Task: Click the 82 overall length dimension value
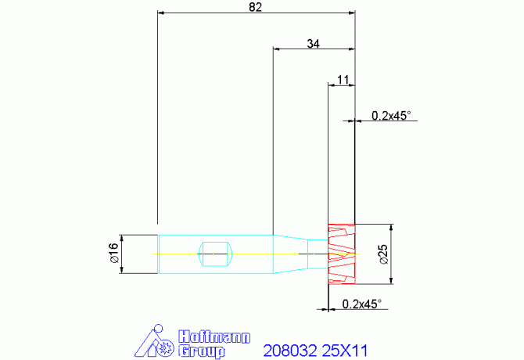tap(255, 7)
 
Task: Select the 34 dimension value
tap(313, 44)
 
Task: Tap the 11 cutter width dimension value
tap(343, 80)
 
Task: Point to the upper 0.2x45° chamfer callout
tap(391, 116)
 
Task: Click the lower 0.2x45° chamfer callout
tap(361, 304)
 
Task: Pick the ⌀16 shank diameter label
tap(114, 253)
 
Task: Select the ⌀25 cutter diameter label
tap(384, 254)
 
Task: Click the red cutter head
tap(341, 254)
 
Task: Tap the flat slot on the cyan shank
tap(215, 254)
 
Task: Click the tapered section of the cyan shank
tap(290, 254)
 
